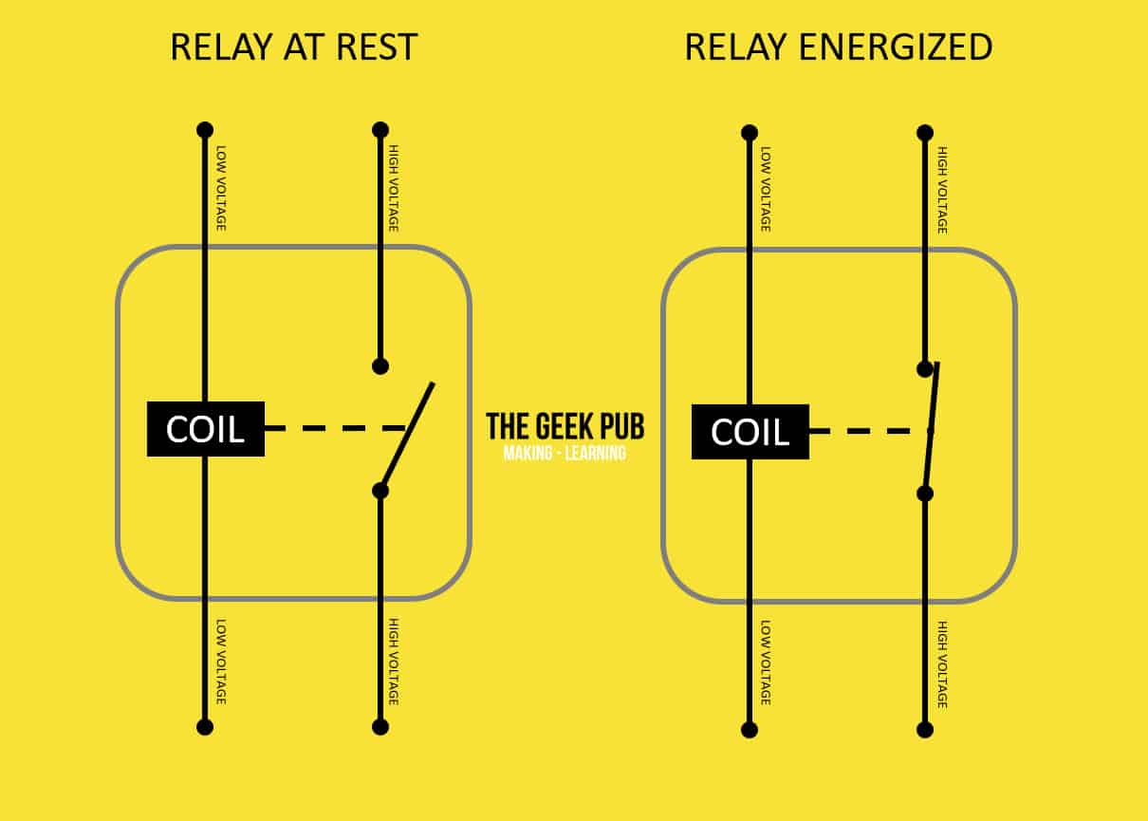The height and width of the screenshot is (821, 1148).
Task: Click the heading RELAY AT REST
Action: click(x=294, y=47)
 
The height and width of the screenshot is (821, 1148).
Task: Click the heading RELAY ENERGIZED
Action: click(x=839, y=47)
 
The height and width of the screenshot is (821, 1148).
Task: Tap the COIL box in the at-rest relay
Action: click(x=206, y=429)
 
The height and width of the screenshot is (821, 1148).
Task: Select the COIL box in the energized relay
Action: click(x=750, y=431)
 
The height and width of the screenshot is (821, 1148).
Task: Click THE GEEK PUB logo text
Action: click(x=565, y=427)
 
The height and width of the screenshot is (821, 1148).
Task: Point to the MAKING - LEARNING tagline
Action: click(x=565, y=454)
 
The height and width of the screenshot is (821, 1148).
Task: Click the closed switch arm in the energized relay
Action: click(x=932, y=428)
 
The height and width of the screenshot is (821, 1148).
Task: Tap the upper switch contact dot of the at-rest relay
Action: click(x=380, y=366)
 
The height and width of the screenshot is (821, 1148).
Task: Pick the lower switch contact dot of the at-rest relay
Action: click(x=380, y=491)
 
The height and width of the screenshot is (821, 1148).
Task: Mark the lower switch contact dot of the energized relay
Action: click(x=925, y=494)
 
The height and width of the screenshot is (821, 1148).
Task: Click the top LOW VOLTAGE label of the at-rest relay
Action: click(x=221, y=188)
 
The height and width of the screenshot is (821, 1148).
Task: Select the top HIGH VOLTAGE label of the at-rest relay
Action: click(x=394, y=188)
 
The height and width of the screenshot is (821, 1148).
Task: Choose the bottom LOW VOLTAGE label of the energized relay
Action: click(x=765, y=662)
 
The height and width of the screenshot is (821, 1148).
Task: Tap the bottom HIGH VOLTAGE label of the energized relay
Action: click(x=942, y=664)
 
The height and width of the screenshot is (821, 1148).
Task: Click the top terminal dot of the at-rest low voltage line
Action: click(x=205, y=130)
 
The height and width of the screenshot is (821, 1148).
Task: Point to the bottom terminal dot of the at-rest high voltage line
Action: click(x=380, y=727)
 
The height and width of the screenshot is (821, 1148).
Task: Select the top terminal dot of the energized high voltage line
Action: click(x=925, y=133)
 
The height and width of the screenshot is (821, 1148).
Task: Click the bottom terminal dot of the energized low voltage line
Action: click(x=750, y=730)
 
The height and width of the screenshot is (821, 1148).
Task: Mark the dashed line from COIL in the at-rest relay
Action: click(x=336, y=428)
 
